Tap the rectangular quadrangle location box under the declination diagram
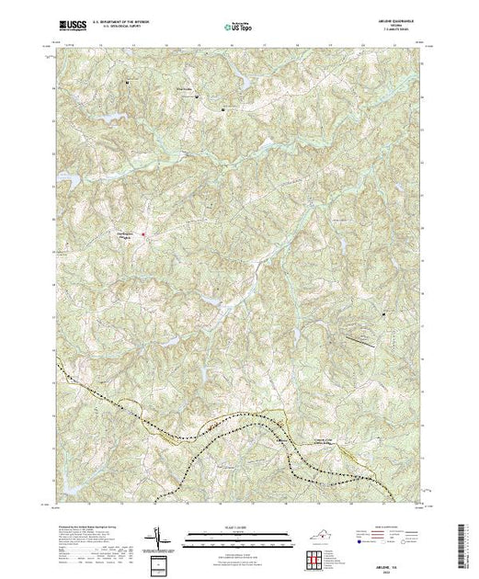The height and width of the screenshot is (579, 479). [x=161, y=562]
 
